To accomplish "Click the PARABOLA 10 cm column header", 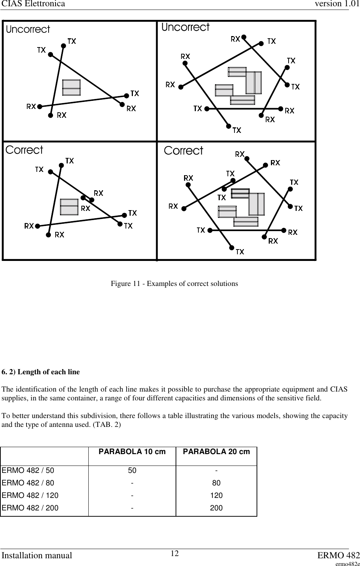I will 132,452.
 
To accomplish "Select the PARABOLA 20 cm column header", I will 216,452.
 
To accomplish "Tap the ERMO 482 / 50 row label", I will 28,470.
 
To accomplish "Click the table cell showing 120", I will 216,495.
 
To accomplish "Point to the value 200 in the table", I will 216,508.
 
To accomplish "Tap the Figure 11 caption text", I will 174,284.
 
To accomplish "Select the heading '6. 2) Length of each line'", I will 40,372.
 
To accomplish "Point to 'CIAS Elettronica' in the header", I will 33,4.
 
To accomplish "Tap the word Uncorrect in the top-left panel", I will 28,29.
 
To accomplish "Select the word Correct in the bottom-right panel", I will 183,151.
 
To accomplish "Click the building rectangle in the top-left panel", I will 71,88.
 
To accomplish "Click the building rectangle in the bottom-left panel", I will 69,207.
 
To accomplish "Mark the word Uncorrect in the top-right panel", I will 186,27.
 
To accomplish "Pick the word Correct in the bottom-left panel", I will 24,150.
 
